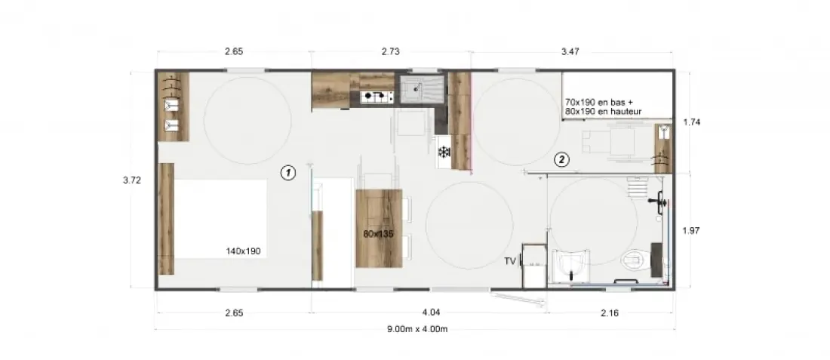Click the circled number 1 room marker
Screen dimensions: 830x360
point(288,172)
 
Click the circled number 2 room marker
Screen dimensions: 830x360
point(561,158)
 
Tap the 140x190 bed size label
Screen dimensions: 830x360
point(243,251)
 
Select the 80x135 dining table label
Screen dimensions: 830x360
point(379,233)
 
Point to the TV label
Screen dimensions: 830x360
point(510,261)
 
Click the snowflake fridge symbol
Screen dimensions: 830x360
point(444,152)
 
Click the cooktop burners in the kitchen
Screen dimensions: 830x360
point(377,97)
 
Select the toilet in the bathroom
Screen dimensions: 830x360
point(634,259)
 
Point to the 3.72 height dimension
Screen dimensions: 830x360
point(132,180)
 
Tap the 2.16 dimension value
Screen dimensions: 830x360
point(610,313)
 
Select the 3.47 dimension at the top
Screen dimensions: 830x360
point(570,51)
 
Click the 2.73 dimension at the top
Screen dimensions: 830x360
point(390,51)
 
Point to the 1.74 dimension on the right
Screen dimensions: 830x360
point(692,122)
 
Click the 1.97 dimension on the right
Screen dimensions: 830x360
point(692,230)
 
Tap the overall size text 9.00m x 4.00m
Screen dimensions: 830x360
point(417,329)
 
